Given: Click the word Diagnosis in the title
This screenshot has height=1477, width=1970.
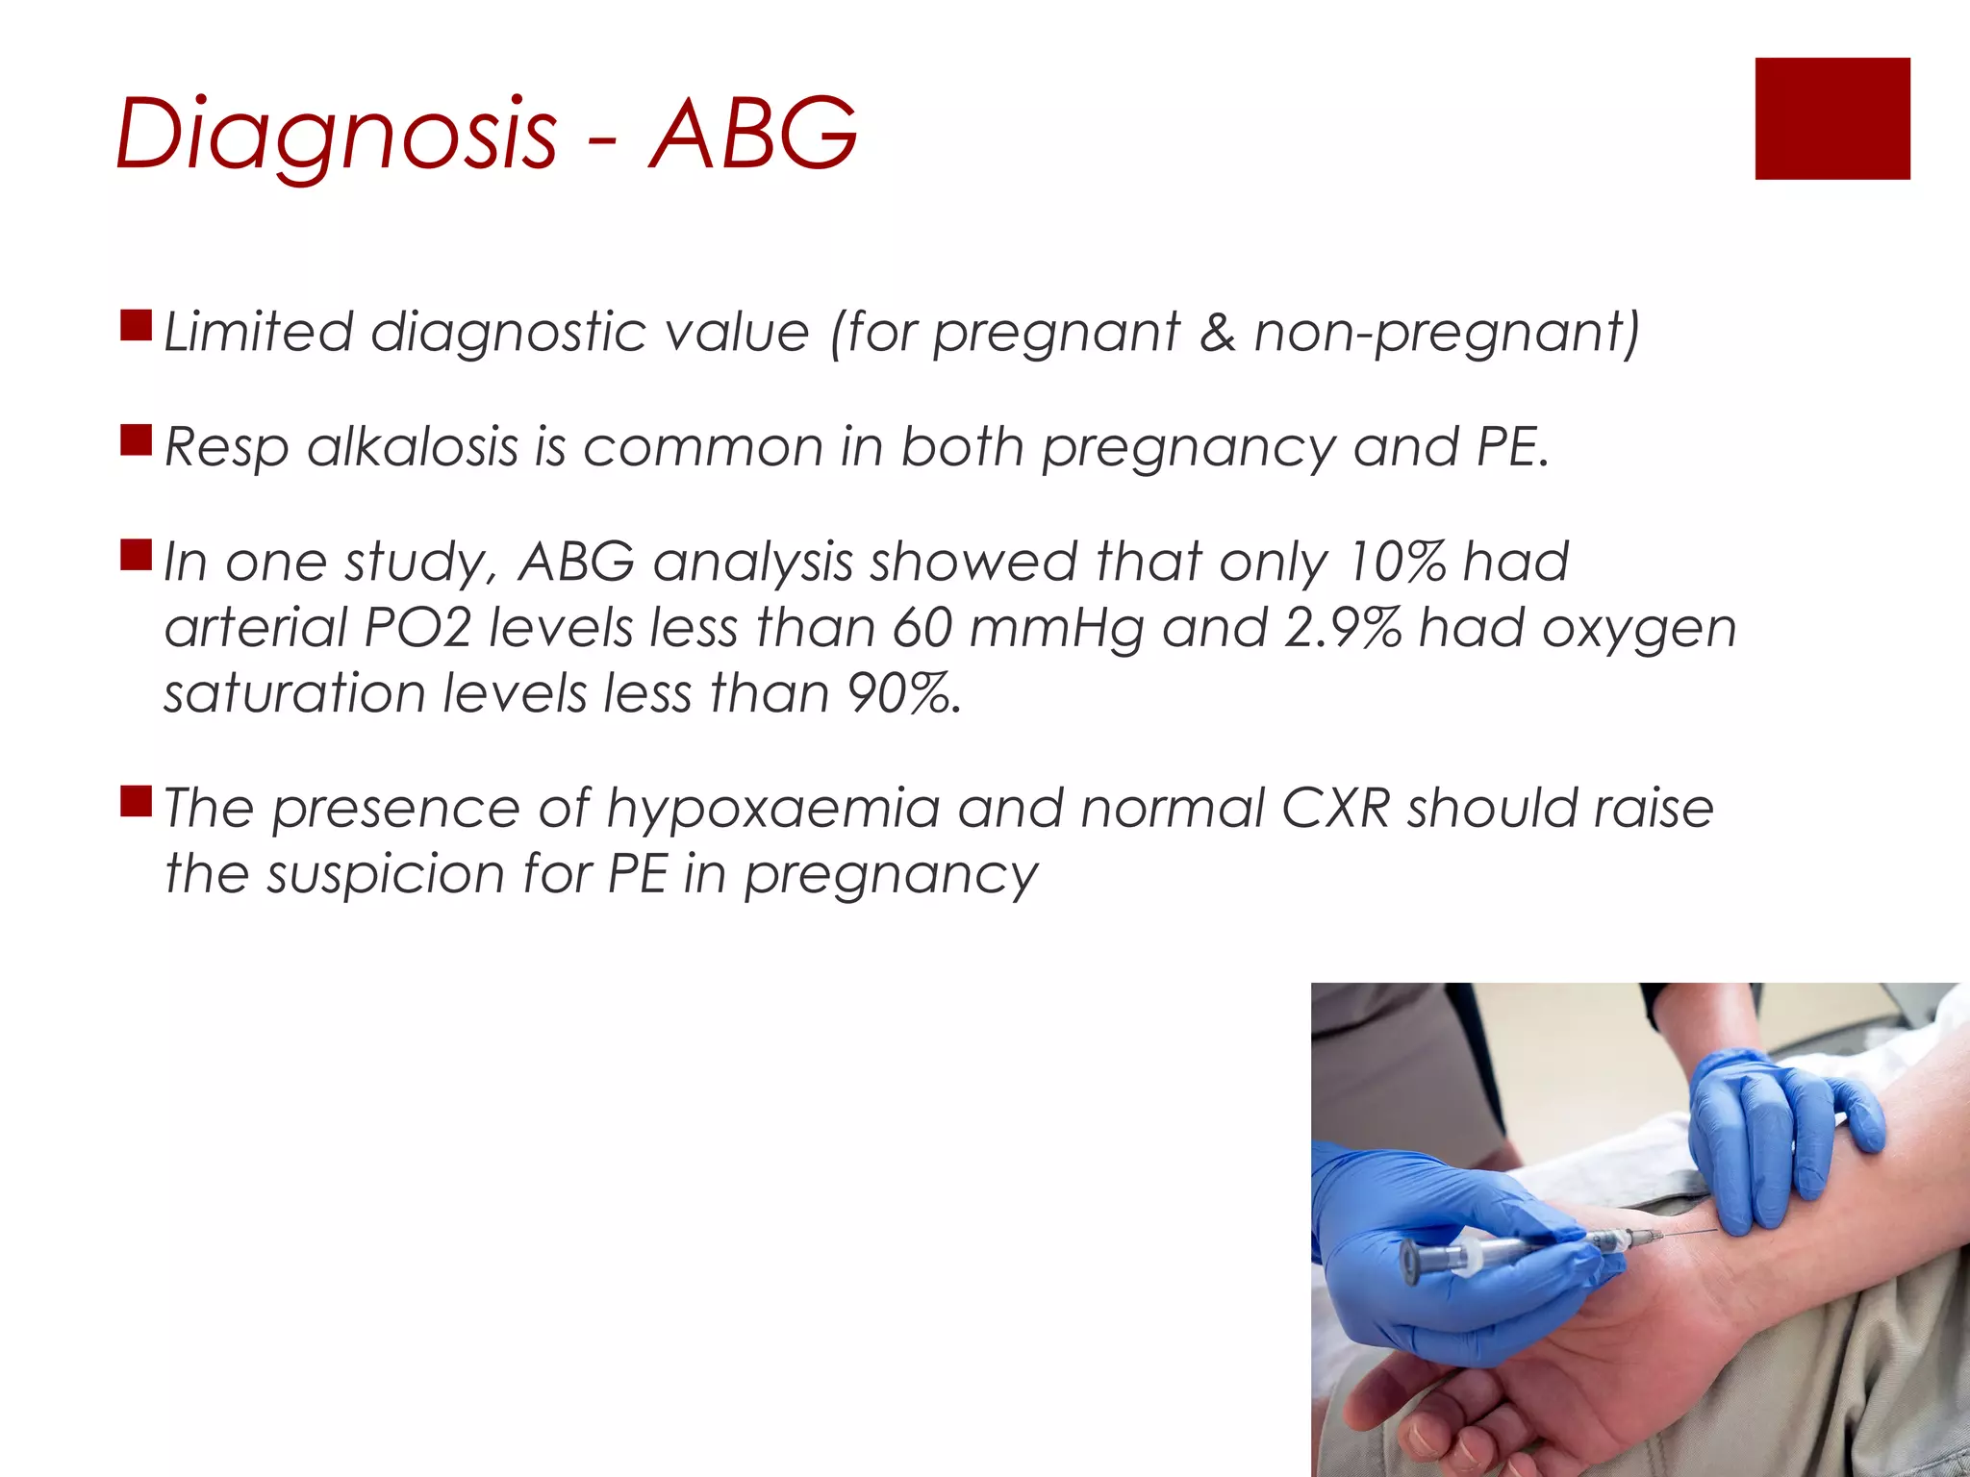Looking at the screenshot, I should click(x=335, y=135).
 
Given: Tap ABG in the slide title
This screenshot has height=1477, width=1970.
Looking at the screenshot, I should click(x=753, y=135).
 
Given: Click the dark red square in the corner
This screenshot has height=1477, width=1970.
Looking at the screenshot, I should click(x=1831, y=118).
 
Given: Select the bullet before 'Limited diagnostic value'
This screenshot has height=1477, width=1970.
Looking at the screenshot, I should click(x=136, y=326).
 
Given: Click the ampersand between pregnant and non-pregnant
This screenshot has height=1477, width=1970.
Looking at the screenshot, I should click(x=1216, y=333).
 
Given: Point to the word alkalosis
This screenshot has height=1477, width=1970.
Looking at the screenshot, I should click(x=413, y=447).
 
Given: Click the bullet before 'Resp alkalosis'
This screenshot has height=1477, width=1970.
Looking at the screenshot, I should click(x=136, y=440).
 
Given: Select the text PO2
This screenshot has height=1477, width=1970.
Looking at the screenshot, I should click(x=417, y=628).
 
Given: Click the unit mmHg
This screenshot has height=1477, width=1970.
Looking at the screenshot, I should click(x=1056, y=628).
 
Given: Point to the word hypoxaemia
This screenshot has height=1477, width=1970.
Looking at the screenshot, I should click(x=772, y=808).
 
